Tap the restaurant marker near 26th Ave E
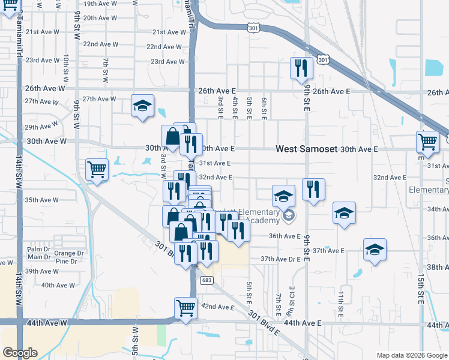(x=301, y=68)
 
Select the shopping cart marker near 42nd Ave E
(x=185, y=308)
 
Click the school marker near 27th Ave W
(x=142, y=106)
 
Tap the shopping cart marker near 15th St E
(x=427, y=142)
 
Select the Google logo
(x=20, y=353)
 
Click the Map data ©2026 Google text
(x=411, y=355)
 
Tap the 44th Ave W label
(x=45, y=322)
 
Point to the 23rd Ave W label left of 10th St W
(x=41, y=60)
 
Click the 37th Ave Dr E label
(x=280, y=259)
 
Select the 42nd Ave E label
(x=217, y=307)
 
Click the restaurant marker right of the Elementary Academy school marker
(x=313, y=189)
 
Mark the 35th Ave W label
(x=41, y=200)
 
